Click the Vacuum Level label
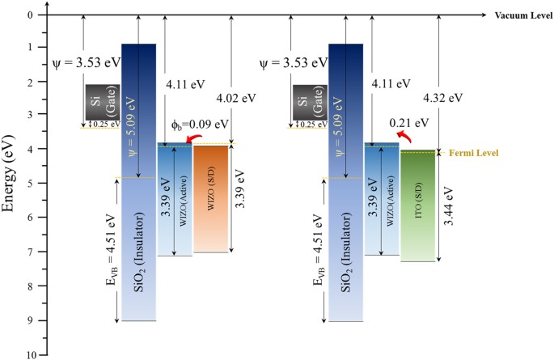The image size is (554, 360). click(518, 15)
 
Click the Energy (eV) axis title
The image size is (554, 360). click(12, 185)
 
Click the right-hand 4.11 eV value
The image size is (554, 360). click(391, 82)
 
